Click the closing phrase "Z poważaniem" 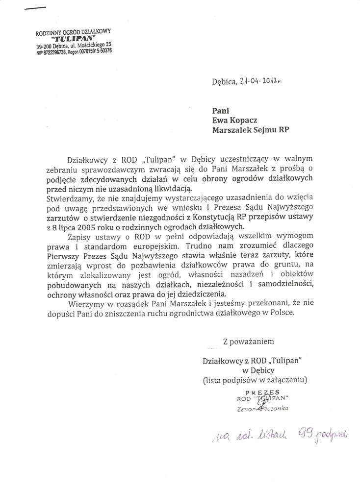(x=248, y=340)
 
